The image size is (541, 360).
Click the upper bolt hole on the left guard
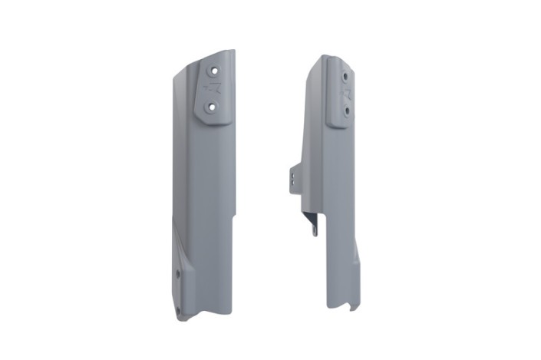point(215,71)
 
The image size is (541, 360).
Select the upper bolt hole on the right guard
point(346,77)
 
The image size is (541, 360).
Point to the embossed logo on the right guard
point(345,94)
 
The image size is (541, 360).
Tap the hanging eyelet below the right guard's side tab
point(314,230)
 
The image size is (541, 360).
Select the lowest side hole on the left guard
point(178,309)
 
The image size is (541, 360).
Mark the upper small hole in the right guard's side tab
point(292,174)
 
